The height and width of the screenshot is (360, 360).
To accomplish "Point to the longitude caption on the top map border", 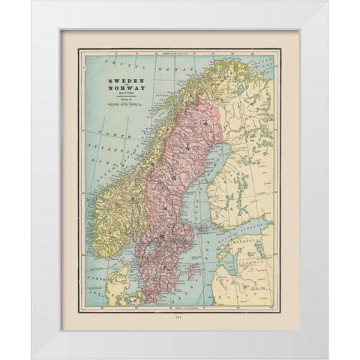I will point(180,52).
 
